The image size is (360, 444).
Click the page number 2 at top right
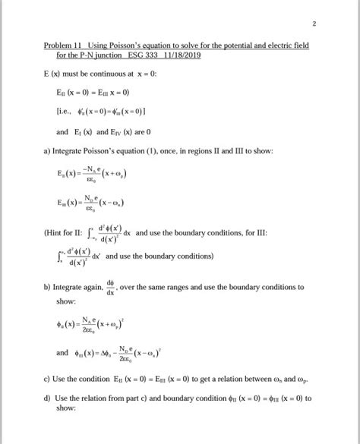pos(334,26)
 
